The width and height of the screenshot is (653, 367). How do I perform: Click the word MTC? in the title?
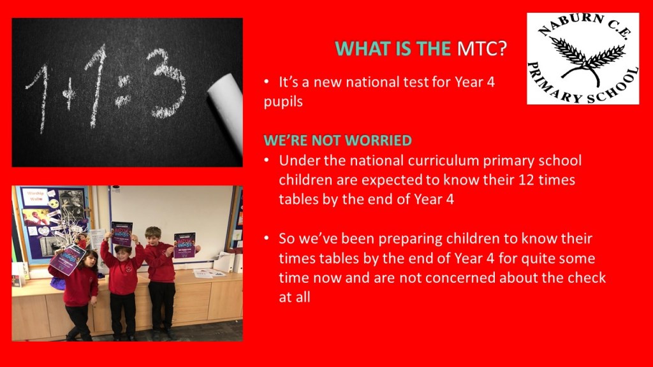tap(482, 48)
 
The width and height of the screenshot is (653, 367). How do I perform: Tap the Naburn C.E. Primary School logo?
tap(583, 58)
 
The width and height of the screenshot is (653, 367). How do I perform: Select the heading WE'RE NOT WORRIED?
tap(338, 140)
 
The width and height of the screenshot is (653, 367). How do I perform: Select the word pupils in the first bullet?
tap(283, 102)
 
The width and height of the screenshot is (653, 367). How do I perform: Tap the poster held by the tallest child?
tap(184, 245)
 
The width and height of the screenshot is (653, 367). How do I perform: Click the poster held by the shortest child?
tap(67, 260)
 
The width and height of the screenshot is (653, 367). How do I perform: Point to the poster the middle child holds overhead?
tap(122, 234)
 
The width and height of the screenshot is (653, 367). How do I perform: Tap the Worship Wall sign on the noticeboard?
tap(36, 196)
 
